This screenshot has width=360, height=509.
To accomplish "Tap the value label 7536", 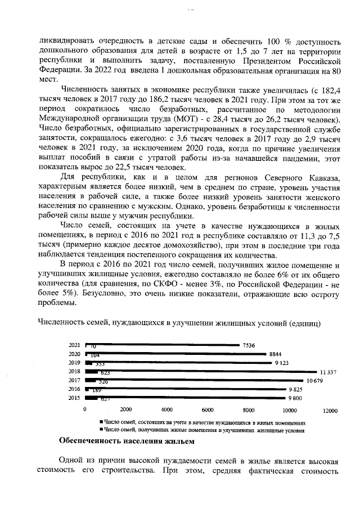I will (x=249, y=345).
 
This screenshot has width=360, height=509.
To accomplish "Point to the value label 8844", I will (x=276, y=354).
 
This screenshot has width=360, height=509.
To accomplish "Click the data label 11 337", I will (x=328, y=372).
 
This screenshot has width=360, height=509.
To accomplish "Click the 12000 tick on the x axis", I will (x=330, y=409).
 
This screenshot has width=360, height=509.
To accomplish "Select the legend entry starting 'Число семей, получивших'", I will (x=203, y=430).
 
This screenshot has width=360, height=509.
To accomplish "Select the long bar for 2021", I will (x=163, y=345).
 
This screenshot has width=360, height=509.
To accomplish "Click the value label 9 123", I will (x=282, y=363).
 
